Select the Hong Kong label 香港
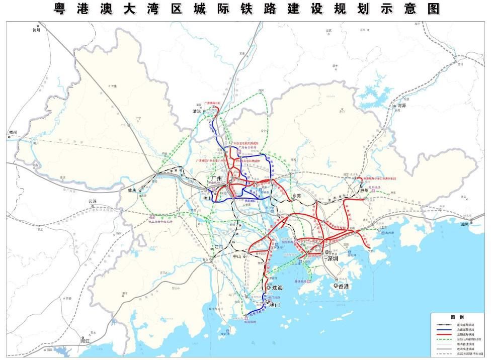point(344,286)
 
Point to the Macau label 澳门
point(275,305)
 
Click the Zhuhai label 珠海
point(277,288)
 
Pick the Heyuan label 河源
point(401,106)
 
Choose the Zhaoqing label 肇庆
point(132,191)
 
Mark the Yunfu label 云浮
point(91,201)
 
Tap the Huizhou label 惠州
point(364,190)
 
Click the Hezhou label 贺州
point(36,30)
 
